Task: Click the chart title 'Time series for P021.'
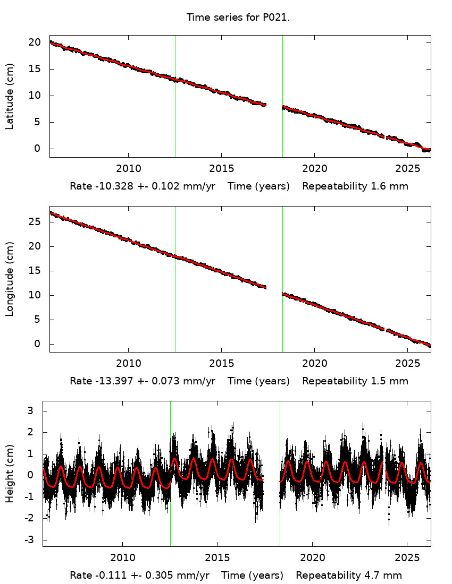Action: click(x=238, y=18)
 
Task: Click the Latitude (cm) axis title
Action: click(x=10, y=96)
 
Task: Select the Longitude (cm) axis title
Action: click(x=10, y=279)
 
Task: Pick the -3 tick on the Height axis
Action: click(x=30, y=540)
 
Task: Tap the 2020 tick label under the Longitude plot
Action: click(x=314, y=364)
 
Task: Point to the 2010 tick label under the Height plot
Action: click(x=122, y=559)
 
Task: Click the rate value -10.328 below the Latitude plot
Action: click(x=109, y=187)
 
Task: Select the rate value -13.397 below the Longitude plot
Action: click(x=109, y=381)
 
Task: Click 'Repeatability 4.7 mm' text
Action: click(x=349, y=576)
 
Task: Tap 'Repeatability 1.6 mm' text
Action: click(x=355, y=187)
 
